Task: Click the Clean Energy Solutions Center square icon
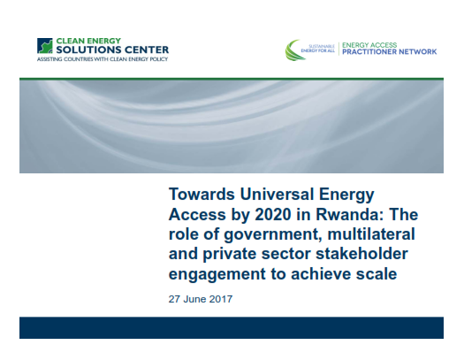45,46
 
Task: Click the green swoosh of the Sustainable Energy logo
293,50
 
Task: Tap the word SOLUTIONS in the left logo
85,50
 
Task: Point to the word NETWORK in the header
418,52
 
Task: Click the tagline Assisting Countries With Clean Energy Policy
103,59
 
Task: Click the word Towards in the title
202,195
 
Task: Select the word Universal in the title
277,195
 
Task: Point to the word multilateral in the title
371,234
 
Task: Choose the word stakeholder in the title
361,254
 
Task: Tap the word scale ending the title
377,274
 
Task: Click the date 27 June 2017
201,299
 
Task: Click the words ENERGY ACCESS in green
369,45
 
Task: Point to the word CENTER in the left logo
142,50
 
